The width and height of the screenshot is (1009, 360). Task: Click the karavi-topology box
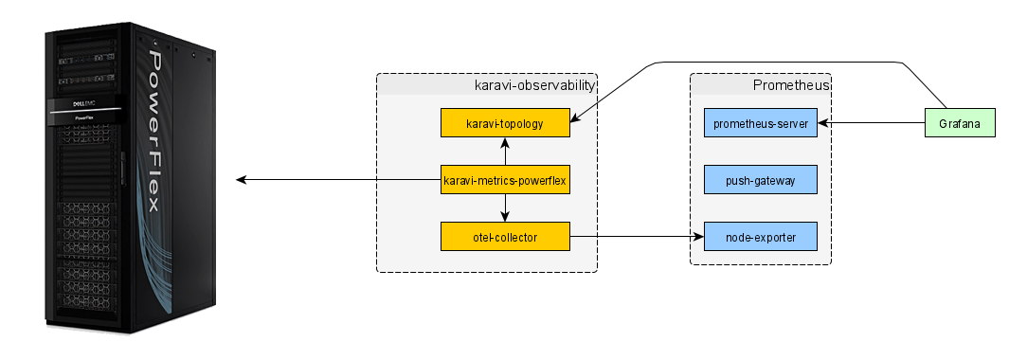tap(505, 123)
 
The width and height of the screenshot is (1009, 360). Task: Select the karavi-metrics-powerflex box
tap(505, 179)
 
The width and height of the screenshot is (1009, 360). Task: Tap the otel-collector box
tap(505, 236)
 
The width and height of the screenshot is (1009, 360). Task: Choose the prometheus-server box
tap(761, 123)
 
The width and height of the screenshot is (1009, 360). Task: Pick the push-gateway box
tap(761, 179)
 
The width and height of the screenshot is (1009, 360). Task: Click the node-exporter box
tap(761, 236)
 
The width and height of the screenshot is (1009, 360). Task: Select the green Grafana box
tap(959, 123)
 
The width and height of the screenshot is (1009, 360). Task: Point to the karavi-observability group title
tap(534, 85)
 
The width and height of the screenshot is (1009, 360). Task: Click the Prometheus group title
tap(790, 85)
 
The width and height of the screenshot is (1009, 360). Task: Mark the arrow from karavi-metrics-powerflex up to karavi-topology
tap(505, 151)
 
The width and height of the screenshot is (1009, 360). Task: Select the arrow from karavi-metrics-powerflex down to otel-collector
tap(505, 207)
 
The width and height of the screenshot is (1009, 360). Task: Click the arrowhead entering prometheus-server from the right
tap(826, 123)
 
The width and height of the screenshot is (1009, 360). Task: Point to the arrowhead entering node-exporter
tap(699, 236)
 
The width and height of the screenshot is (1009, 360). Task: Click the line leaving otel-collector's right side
tap(583, 236)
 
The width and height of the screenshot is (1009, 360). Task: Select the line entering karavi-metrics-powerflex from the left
tap(407, 179)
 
